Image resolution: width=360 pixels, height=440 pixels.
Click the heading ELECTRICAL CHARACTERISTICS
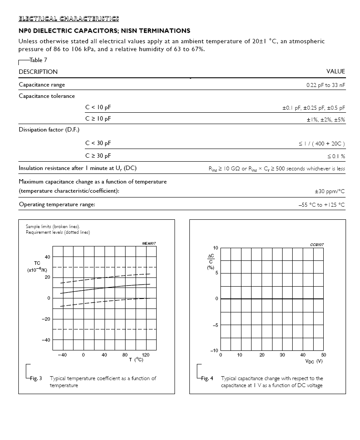click(x=69, y=18)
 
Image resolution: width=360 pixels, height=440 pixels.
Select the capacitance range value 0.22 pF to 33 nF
click(x=325, y=85)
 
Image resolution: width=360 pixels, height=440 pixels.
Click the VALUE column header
click(x=336, y=72)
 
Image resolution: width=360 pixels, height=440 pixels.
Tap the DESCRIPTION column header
click(x=38, y=72)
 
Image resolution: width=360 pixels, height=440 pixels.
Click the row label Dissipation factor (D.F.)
click(x=49, y=130)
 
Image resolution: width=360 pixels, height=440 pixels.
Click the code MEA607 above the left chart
click(x=149, y=243)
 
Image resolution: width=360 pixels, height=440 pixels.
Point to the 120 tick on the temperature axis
click(x=146, y=355)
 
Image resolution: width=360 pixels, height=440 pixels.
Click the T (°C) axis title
click(x=136, y=360)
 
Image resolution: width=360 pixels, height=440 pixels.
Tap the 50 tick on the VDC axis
click(x=324, y=355)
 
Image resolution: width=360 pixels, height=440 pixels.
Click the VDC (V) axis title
click(x=314, y=361)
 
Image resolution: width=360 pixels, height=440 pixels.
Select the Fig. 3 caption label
click(x=36, y=378)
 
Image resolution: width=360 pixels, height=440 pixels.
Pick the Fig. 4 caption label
click(x=207, y=378)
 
